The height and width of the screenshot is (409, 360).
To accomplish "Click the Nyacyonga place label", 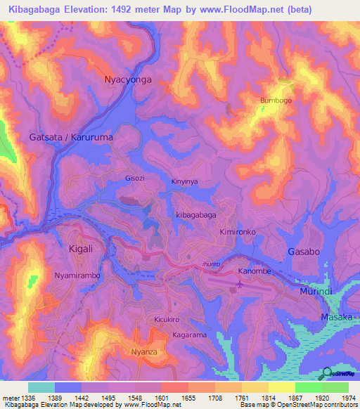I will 127,79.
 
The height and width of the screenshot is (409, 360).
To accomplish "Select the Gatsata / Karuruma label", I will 71,138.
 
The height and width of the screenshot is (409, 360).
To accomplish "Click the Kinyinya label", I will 186,181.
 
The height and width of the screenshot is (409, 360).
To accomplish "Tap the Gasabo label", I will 304,252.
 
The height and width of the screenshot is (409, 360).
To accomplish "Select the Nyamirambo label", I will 77,276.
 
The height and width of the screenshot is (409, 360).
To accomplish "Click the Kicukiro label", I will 167,320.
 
